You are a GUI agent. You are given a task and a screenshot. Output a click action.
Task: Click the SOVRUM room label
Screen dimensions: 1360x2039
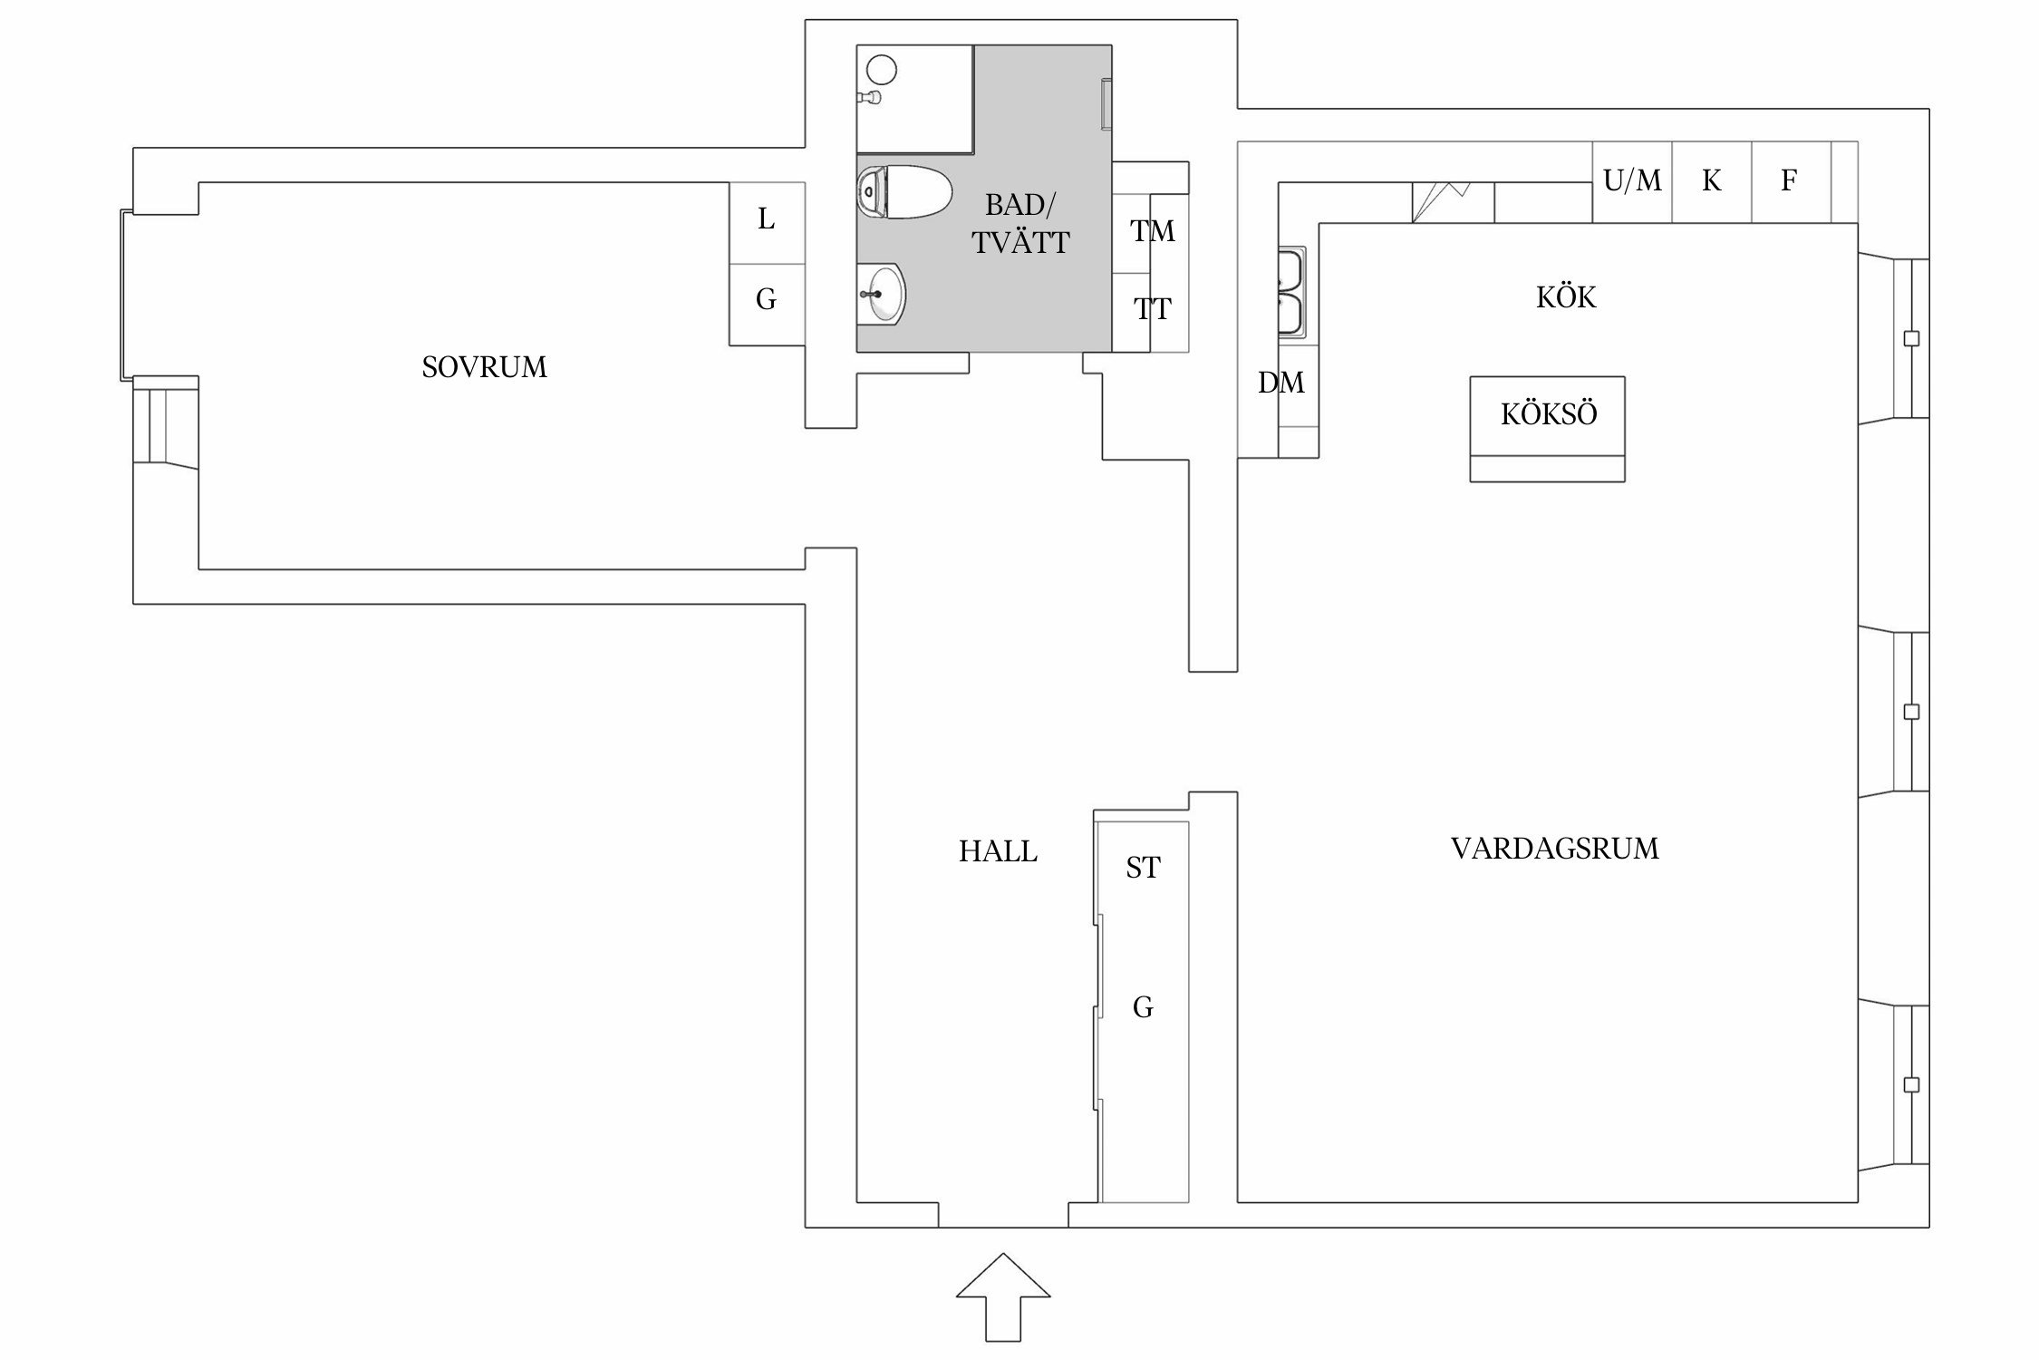[x=484, y=367]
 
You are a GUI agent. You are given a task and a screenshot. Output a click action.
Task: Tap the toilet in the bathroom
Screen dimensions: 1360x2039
[x=904, y=191]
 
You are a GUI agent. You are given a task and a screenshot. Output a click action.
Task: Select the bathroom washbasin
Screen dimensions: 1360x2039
[x=883, y=294]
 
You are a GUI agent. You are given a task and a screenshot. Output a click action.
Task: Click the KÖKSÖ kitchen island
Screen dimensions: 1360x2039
[x=1547, y=428]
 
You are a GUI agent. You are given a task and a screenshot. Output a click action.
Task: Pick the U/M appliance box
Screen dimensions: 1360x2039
[x=1632, y=181]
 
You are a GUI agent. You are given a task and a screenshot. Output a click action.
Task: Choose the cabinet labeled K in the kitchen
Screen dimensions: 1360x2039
[x=1711, y=181]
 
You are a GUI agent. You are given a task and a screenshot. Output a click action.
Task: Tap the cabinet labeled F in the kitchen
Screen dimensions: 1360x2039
[x=1789, y=181]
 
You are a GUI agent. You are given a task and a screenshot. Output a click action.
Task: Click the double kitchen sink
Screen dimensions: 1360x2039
[x=1291, y=293]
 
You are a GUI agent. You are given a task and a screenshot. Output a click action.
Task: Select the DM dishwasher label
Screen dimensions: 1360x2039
[x=1280, y=384]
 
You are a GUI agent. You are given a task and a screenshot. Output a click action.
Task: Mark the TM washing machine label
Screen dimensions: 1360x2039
[x=1152, y=232]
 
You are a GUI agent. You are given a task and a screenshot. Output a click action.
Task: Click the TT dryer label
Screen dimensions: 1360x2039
[x=1152, y=310]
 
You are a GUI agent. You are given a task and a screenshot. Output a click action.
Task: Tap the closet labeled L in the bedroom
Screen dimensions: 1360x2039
[x=767, y=220]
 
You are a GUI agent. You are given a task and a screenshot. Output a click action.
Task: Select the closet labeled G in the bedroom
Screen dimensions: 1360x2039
[x=767, y=300]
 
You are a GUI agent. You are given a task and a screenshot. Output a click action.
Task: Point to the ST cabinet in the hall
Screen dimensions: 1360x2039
[x=1143, y=869]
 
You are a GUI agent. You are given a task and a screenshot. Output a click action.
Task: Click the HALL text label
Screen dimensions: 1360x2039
[x=998, y=851]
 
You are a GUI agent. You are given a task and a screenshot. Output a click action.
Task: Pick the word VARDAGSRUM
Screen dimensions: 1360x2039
[x=1554, y=849]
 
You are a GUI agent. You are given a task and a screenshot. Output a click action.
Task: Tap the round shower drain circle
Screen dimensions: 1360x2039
[x=882, y=69]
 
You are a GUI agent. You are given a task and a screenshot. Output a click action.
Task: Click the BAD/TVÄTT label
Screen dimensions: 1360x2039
[x=1020, y=224]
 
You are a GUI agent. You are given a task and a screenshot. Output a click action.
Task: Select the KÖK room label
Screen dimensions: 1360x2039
[x=1565, y=297]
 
